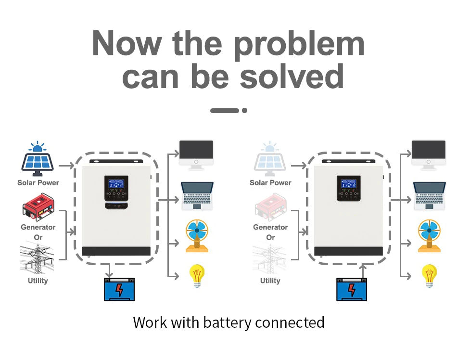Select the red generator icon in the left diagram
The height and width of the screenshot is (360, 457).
click(x=38, y=207)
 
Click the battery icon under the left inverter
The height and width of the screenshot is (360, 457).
click(x=119, y=289)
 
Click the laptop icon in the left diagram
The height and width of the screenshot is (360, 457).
click(x=196, y=196)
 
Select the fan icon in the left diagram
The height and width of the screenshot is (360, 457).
click(x=197, y=235)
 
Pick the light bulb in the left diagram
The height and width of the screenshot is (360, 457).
click(x=197, y=276)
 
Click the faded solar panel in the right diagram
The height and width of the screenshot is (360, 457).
click(x=270, y=159)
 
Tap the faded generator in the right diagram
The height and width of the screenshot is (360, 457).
click(x=270, y=207)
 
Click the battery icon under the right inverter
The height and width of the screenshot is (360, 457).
click(x=352, y=289)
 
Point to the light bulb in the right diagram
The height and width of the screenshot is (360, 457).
click(x=429, y=276)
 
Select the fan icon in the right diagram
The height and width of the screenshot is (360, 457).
click(x=429, y=235)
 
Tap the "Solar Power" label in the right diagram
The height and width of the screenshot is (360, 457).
click(x=270, y=183)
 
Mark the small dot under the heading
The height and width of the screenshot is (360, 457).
click(x=244, y=110)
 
